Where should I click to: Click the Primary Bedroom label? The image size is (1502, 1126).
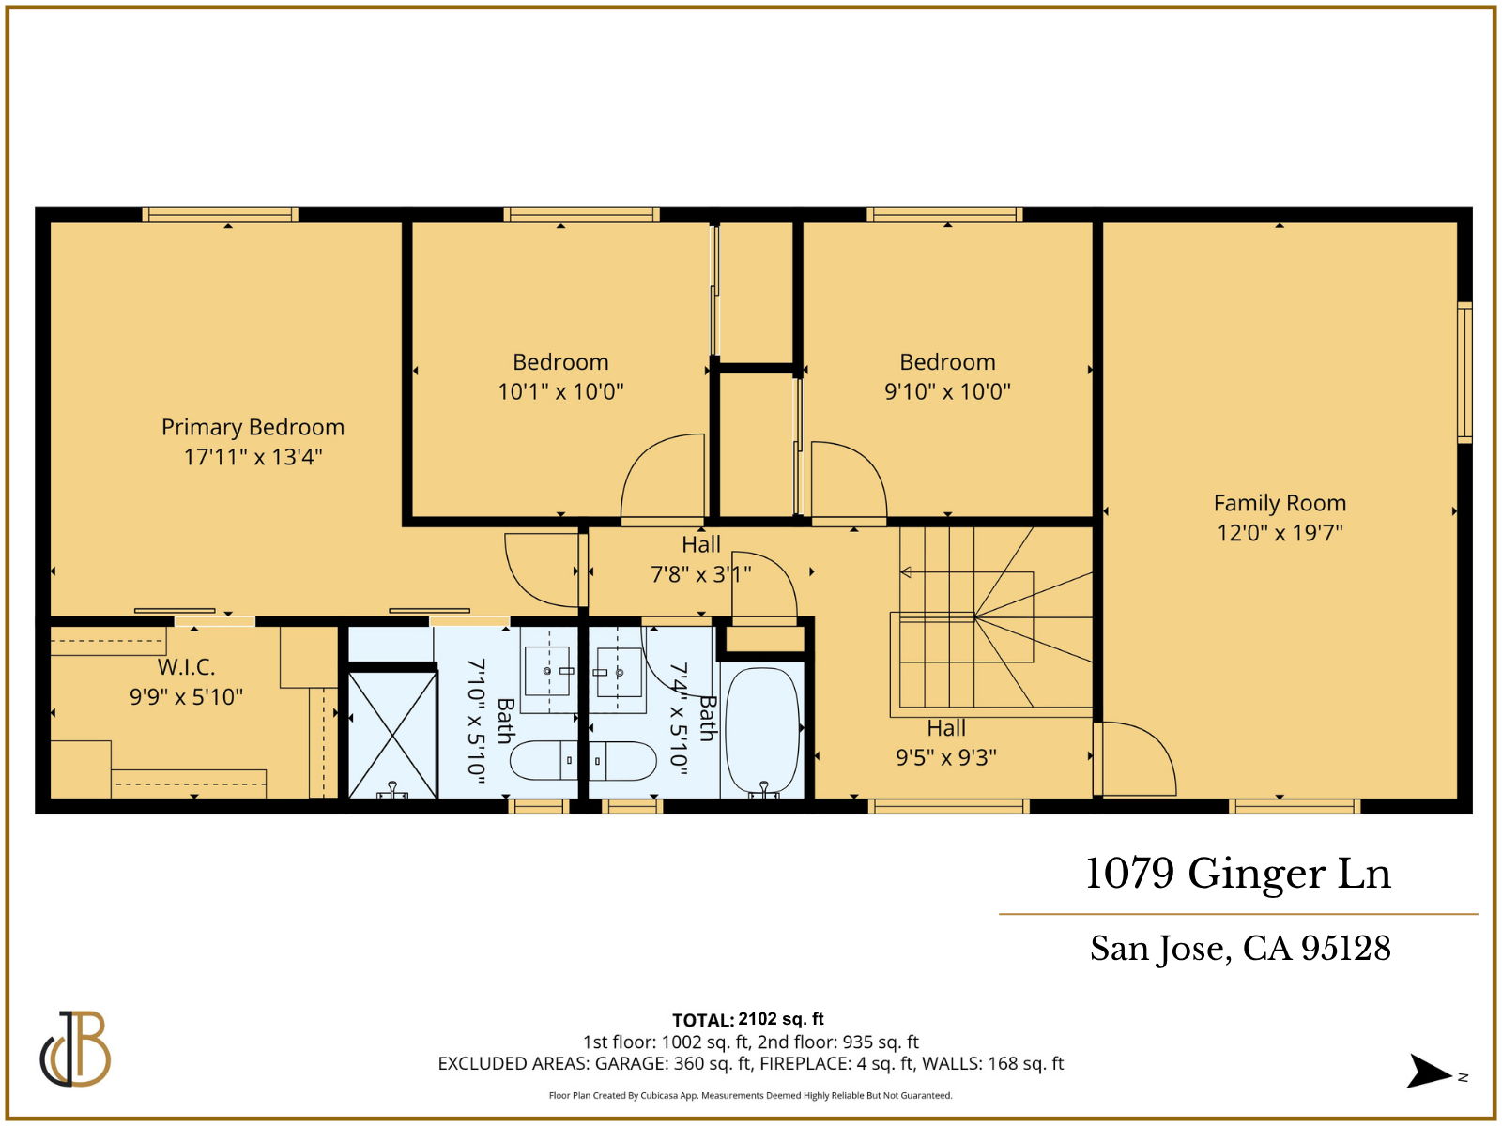click(253, 427)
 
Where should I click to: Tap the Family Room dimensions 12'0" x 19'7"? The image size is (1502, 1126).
click(1280, 533)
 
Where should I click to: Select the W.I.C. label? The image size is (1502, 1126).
click(186, 667)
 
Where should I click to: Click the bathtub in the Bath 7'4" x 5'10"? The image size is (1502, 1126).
click(762, 731)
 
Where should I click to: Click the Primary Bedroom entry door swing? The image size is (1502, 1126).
click(543, 571)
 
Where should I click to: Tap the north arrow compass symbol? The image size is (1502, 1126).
click(1430, 1072)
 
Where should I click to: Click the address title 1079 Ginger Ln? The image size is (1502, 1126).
click(1237, 874)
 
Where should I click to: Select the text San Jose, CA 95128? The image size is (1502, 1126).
click(1240, 949)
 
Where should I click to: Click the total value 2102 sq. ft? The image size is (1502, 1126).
click(781, 1019)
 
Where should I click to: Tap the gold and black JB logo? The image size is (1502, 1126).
click(75, 1049)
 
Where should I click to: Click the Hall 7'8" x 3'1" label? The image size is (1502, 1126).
click(701, 559)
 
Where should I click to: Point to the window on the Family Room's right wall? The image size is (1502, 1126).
click(1464, 372)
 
